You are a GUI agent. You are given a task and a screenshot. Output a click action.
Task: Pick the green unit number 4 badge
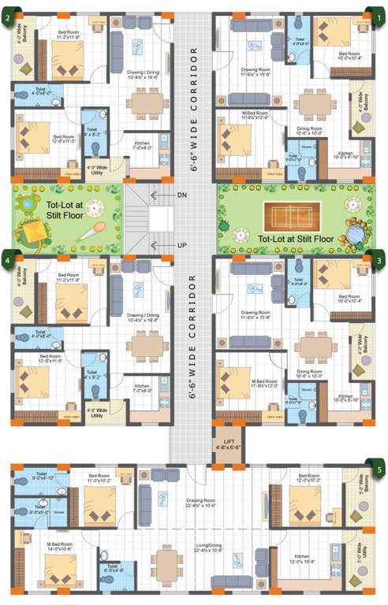(x=7, y=258)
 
